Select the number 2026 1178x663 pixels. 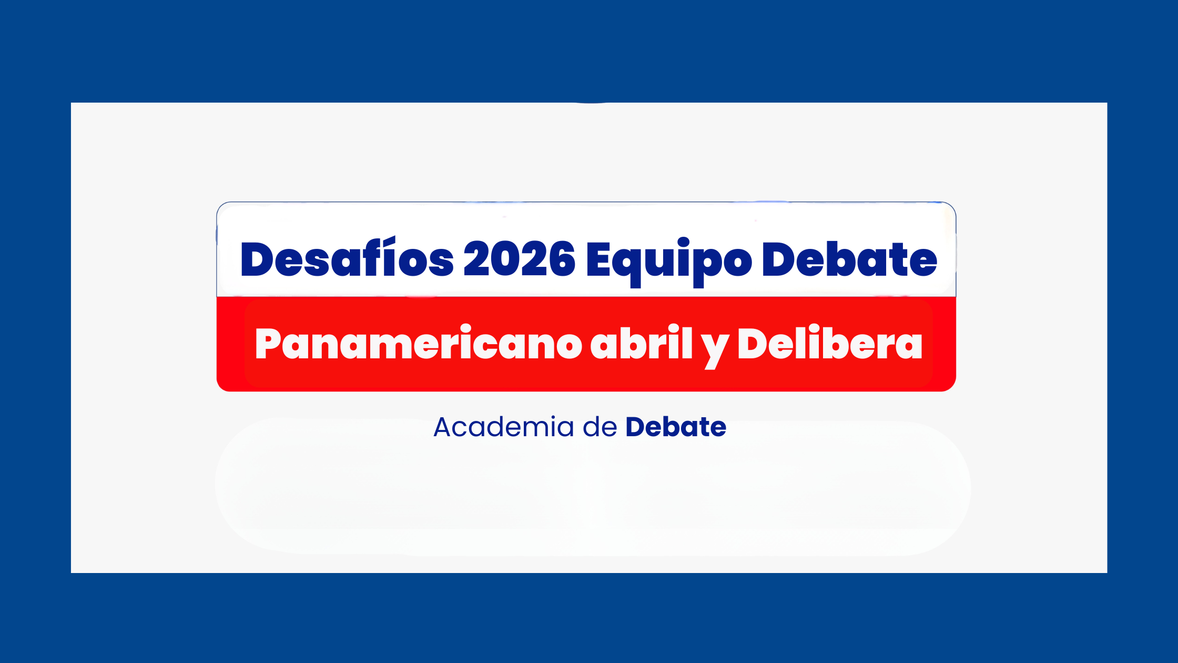520,258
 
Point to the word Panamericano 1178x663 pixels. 418,343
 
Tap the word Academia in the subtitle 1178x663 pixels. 504,427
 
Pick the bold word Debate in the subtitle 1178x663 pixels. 676,427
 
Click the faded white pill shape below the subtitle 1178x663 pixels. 593,487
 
